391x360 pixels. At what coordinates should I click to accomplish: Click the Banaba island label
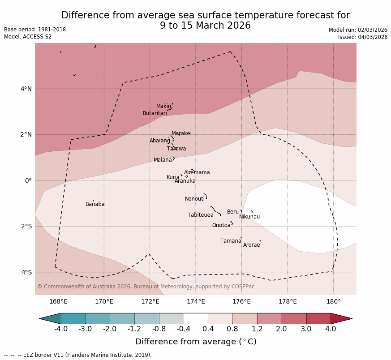[95, 205]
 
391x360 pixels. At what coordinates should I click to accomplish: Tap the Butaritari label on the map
[155, 114]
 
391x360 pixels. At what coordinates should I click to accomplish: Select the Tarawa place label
[176, 149]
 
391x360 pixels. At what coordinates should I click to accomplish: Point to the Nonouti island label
[195, 199]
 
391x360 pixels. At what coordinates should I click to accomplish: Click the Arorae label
[251, 245]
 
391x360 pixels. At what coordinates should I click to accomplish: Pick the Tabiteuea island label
[201, 215]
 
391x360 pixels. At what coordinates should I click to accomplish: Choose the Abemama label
[197, 173]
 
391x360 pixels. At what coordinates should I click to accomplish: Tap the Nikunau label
[249, 217]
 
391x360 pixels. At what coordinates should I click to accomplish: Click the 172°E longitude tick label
[150, 302]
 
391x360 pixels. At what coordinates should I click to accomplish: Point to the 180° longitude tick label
[333, 302]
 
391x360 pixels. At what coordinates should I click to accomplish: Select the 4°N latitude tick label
[26, 89]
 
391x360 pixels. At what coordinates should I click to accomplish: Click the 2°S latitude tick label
[26, 227]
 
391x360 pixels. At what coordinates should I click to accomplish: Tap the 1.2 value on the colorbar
[257, 329]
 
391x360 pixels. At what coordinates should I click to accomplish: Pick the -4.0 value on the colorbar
[61, 329]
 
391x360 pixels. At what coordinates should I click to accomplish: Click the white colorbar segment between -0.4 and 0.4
[196, 318]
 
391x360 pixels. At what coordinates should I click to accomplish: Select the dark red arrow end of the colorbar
[341, 318]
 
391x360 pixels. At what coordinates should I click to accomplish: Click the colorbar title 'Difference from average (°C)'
[196, 342]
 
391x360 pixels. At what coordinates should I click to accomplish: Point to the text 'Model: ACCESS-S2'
[28, 37]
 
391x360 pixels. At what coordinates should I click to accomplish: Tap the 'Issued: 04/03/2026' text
[363, 37]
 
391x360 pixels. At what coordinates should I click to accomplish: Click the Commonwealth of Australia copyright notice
[146, 287]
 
